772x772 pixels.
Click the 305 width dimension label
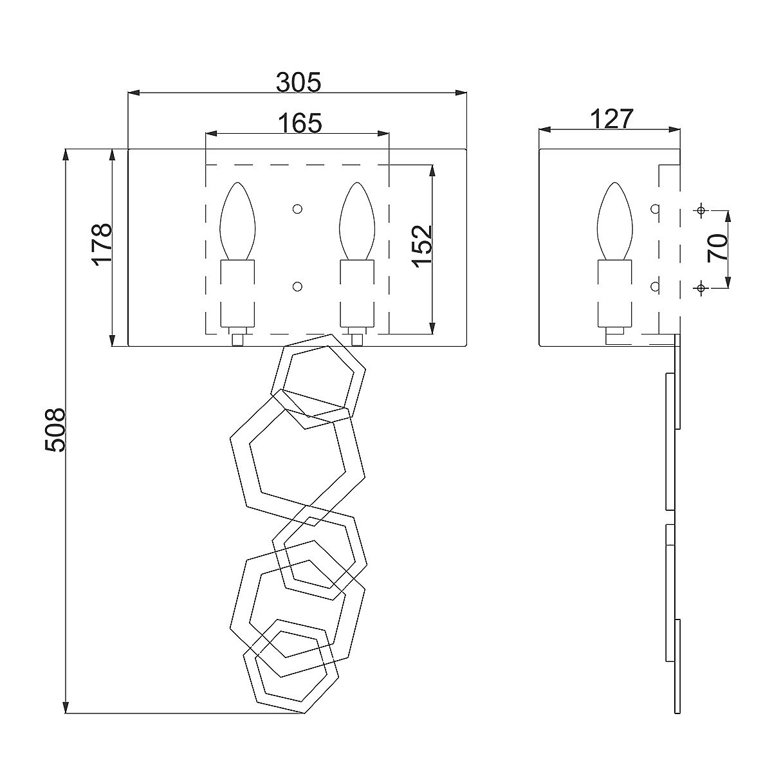coord(299,82)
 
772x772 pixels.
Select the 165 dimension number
coord(300,123)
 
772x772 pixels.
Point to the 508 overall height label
coord(55,430)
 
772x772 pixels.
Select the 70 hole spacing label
coord(717,248)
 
